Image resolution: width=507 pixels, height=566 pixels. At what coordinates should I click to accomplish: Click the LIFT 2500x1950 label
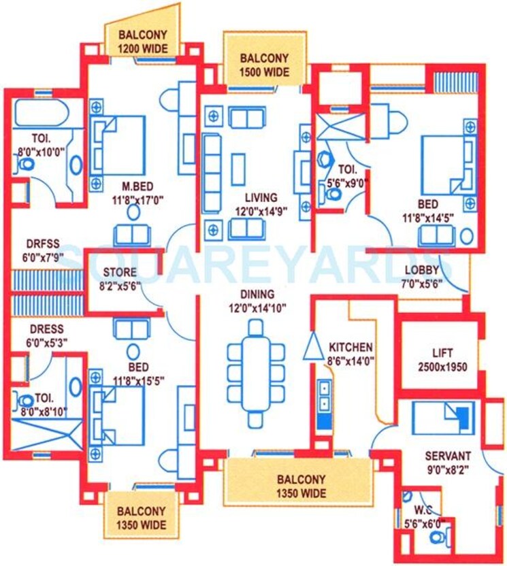440,360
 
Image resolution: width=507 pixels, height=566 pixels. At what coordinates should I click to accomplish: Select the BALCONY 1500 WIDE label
264,65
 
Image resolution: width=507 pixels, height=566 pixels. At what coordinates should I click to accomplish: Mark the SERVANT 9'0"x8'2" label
447,461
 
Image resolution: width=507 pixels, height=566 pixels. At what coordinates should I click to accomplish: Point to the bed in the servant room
444,414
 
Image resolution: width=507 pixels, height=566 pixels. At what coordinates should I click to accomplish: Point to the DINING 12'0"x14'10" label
257,301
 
